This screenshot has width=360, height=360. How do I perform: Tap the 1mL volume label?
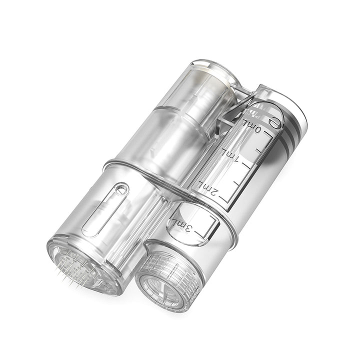click(233, 158)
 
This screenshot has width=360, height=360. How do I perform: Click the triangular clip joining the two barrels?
click(232, 108)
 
